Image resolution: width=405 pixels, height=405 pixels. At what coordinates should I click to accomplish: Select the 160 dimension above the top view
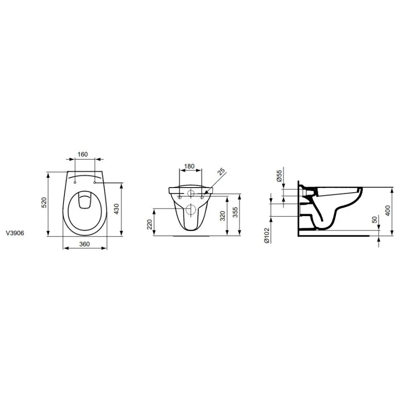(83, 154)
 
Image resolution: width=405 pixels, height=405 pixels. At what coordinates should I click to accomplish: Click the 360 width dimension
(84, 244)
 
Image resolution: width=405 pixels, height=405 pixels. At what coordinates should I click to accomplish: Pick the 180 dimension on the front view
(189, 167)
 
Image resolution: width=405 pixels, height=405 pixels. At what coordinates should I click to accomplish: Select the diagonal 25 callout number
(221, 171)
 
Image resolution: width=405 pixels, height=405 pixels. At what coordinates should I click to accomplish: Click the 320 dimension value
(222, 216)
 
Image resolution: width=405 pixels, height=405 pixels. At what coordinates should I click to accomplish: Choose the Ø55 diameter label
(279, 175)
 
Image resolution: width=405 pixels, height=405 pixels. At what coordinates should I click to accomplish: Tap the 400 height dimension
(386, 210)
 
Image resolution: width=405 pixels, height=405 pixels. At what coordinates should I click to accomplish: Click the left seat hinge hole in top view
(75, 183)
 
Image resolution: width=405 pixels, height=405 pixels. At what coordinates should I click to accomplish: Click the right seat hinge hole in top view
(95, 183)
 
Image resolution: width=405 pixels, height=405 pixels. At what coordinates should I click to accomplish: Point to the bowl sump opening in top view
(84, 201)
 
